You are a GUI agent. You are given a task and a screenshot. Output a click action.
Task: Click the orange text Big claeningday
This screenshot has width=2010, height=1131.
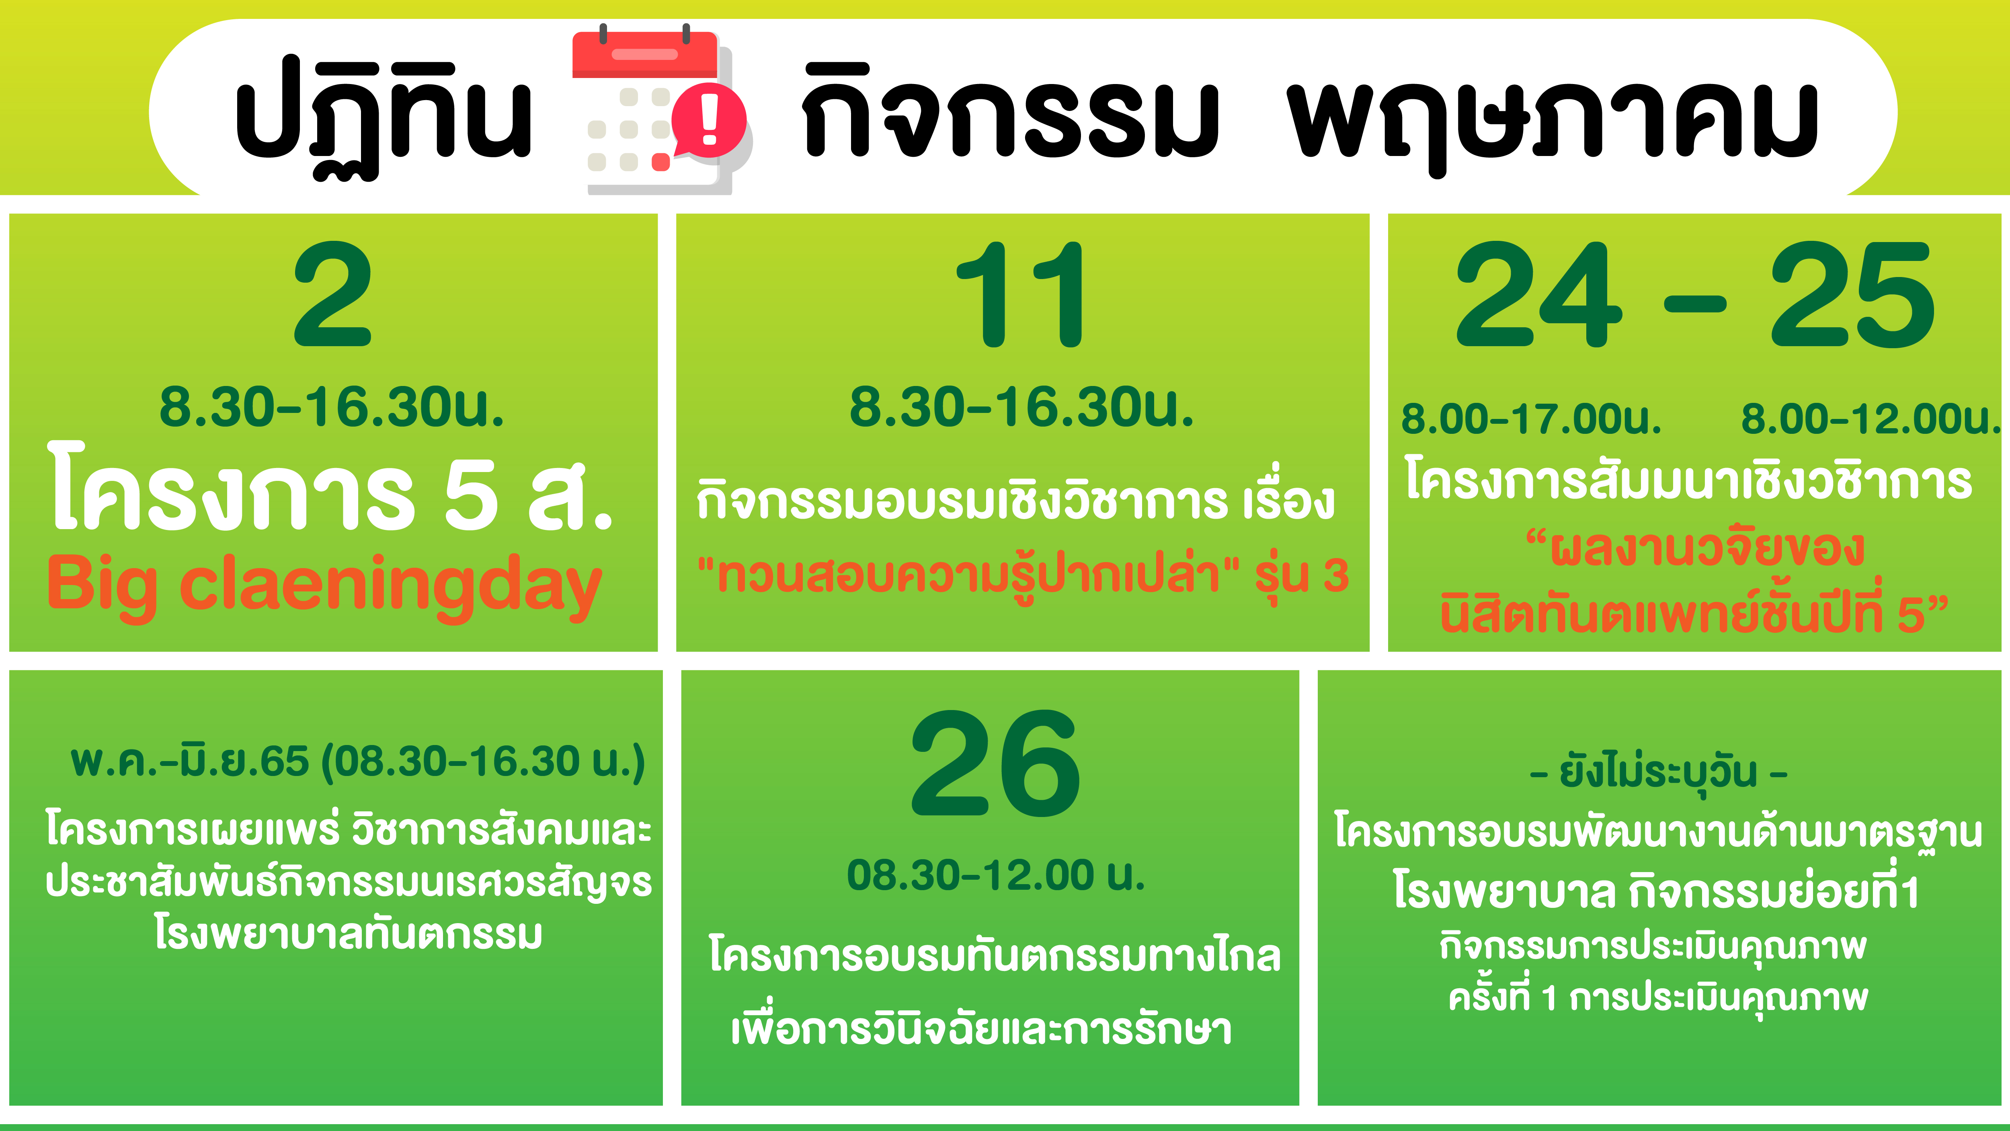[324, 585]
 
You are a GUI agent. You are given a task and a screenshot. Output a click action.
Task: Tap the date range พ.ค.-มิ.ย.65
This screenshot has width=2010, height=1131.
[190, 761]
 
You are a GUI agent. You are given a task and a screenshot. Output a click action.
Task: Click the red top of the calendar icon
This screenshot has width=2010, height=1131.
[644, 55]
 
